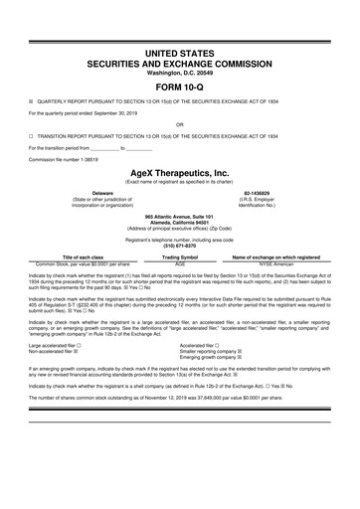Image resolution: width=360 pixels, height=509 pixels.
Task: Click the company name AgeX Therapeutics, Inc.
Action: tap(179, 171)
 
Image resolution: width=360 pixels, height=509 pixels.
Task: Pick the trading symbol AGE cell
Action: tap(180, 264)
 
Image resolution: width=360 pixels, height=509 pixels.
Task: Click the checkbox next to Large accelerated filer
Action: tap(79, 345)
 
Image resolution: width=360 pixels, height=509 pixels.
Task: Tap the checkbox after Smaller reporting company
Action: tap(251, 351)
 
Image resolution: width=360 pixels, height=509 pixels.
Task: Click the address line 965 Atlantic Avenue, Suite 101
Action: tap(179, 216)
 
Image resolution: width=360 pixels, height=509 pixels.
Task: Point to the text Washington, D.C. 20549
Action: tap(179, 71)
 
